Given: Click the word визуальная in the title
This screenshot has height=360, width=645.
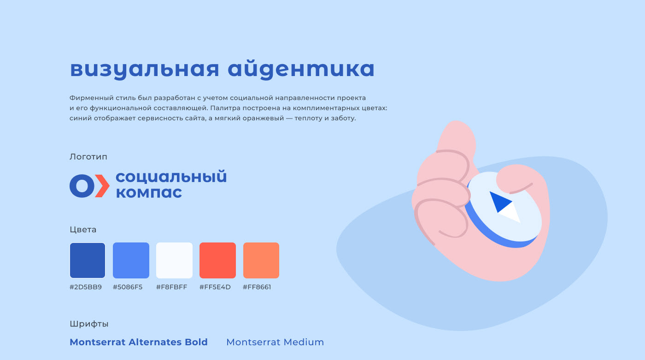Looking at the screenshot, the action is (x=145, y=69).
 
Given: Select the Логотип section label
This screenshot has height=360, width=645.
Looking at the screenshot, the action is (x=88, y=157).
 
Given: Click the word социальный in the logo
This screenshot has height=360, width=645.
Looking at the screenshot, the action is (x=171, y=177).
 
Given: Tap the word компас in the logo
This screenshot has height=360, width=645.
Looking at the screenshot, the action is (x=149, y=193).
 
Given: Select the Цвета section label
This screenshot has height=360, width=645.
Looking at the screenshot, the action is (x=83, y=230).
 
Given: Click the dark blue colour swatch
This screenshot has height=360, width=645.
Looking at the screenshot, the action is (x=88, y=260).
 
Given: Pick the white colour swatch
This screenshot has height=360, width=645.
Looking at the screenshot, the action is (x=174, y=260).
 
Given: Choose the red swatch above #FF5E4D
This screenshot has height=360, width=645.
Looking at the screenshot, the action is (x=217, y=260).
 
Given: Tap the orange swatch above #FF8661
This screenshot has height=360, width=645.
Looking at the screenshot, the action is (x=261, y=260).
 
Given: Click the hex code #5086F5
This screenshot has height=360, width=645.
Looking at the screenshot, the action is (x=128, y=287).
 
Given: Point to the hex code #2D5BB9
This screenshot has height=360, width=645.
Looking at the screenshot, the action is (x=86, y=287).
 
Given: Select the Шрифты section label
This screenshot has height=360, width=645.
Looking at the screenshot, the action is (x=89, y=324).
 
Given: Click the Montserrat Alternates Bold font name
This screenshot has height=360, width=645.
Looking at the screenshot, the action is (x=139, y=342).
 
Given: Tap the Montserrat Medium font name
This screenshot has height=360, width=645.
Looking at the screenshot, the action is (x=275, y=342).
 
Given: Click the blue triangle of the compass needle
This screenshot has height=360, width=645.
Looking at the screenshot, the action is (x=499, y=201).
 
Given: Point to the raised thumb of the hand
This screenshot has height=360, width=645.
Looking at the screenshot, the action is (x=457, y=138).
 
